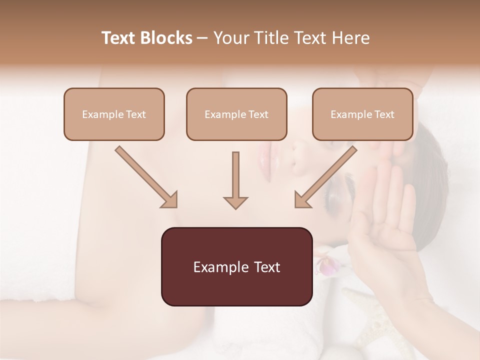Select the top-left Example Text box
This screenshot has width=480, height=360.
114,114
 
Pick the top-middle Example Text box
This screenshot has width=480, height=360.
236,114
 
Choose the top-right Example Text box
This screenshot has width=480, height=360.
362,114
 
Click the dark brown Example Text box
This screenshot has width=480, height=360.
236,266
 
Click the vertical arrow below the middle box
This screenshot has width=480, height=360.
235,180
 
